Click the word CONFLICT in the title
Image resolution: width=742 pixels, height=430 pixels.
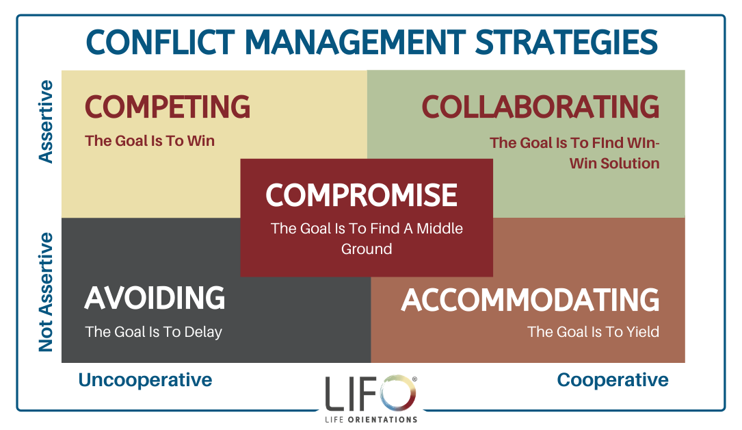(x=161, y=42)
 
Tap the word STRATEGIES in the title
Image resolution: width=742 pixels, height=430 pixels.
(x=566, y=42)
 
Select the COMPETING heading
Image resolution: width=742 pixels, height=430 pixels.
(x=168, y=107)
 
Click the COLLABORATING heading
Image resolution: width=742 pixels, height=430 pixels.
(x=540, y=107)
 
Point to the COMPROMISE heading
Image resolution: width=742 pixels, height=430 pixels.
(x=362, y=195)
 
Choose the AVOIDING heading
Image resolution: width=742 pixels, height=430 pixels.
(x=155, y=298)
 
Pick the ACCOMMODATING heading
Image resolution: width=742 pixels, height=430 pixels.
(x=530, y=300)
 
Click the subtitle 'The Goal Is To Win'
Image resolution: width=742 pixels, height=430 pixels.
(x=150, y=140)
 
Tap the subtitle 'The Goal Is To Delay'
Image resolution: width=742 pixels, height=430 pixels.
(x=153, y=332)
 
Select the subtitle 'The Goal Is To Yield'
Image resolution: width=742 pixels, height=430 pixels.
(x=594, y=331)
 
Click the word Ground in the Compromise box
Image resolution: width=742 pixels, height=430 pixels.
(x=367, y=249)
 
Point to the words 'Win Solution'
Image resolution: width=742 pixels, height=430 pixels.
(x=614, y=164)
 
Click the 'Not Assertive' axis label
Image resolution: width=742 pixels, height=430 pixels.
(x=46, y=292)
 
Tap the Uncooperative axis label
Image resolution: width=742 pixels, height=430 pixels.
(x=145, y=380)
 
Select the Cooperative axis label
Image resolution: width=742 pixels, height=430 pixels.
(x=613, y=380)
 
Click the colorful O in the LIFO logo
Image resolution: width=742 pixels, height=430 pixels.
(x=397, y=393)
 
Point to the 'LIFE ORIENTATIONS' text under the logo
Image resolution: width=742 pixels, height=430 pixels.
(x=371, y=420)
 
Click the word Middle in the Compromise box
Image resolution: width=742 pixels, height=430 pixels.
(x=440, y=228)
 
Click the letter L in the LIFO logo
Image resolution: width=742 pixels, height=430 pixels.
(x=334, y=394)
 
